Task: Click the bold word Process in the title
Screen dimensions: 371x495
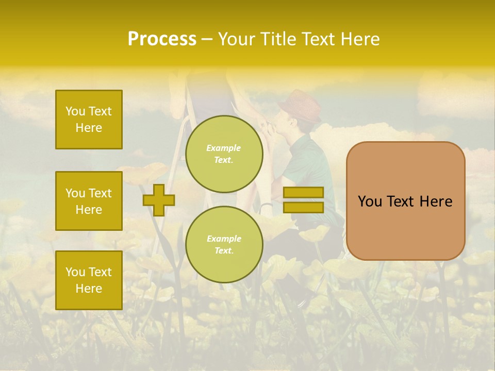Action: point(162,39)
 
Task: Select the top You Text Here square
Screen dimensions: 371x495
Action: point(89,120)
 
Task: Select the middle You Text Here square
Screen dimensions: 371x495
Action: point(89,201)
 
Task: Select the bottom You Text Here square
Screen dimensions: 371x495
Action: point(89,280)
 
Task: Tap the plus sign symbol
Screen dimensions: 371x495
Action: point(159,200)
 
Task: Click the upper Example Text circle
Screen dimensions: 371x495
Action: point(224,154)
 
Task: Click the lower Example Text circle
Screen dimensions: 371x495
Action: point(224,244)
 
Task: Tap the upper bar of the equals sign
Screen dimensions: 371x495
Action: point(303,192)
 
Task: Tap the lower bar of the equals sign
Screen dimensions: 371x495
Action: point(303,208)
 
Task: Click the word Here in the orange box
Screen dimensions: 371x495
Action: point(436,201)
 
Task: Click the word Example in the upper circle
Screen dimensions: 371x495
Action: point(224,148)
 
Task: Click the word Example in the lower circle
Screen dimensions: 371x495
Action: point(224,239)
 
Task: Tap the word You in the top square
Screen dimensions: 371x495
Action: point(75,111)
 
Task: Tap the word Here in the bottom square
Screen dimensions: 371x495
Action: point(89,289)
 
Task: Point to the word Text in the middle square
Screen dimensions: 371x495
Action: point(100,193)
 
